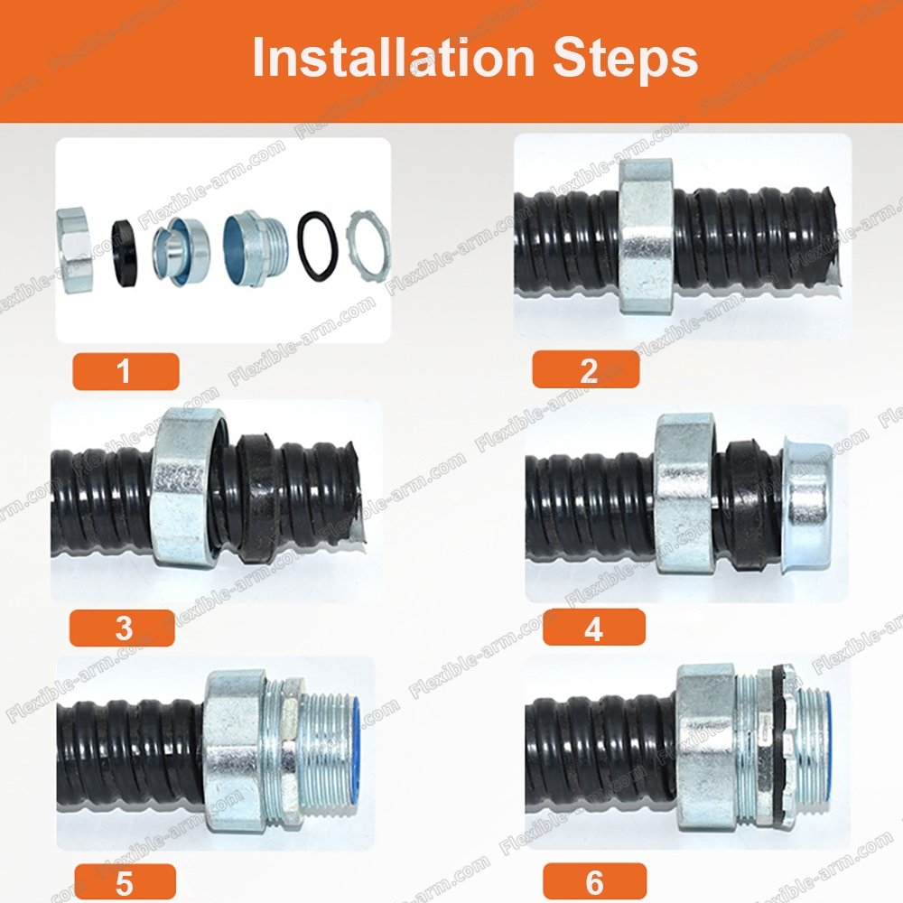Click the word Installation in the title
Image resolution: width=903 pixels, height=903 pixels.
click(x=394, y=57)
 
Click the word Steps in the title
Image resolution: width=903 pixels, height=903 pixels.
click(x=626, y=60)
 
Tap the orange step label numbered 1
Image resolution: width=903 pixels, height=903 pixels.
click(x=126, y=371)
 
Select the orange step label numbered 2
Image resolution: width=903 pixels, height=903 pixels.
click(x=586, y=369)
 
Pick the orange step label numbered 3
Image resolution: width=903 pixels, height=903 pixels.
click(x=122, y=628)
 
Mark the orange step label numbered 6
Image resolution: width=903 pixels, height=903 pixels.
click(x=594, y=881)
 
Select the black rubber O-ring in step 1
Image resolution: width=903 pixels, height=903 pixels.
click(x=317, y=246)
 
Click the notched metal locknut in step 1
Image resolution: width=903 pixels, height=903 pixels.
click(x=368, y=247)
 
